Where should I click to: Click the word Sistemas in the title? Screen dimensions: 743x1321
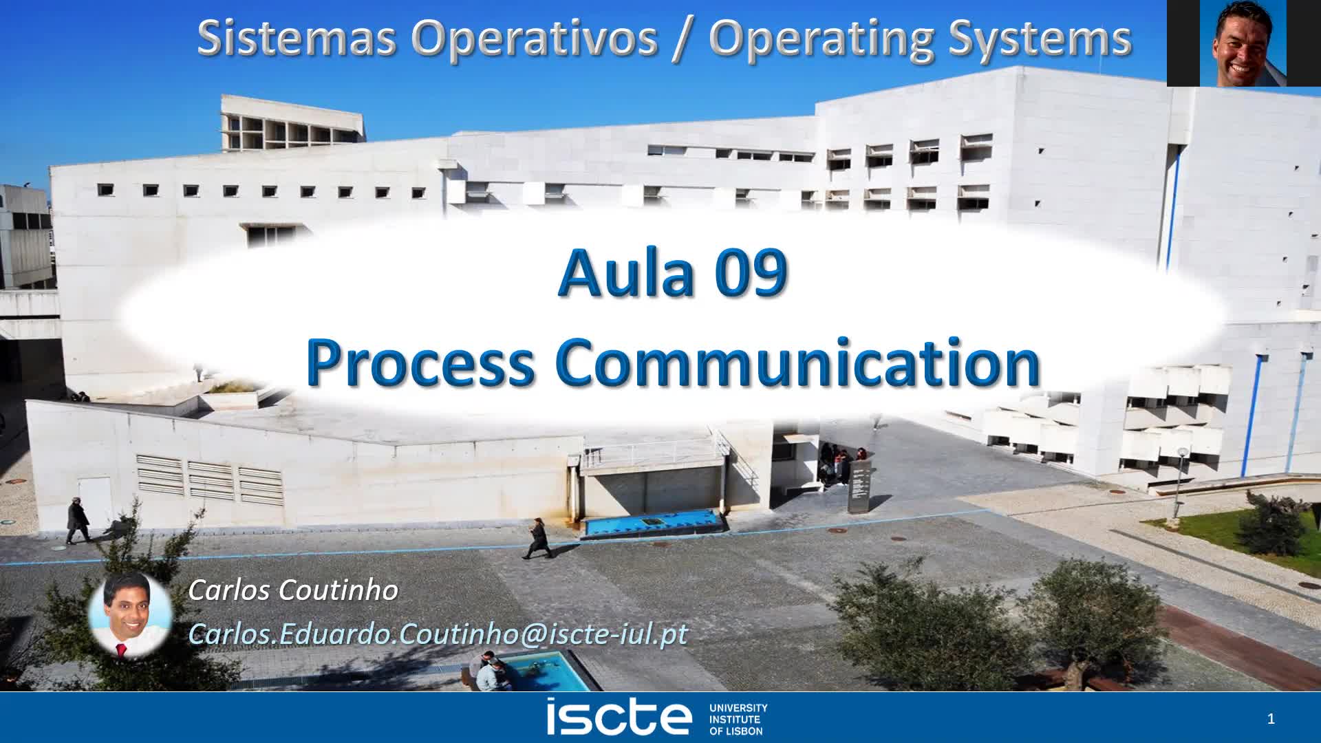click(x=296, y=38)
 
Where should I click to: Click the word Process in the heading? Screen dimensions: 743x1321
click(x=420, y=363)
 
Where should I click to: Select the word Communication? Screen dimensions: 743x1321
click(x=797, y=363)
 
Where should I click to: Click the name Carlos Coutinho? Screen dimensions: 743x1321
click(x=293, y=590)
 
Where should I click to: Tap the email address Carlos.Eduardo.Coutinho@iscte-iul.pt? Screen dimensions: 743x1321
click(x=438, y=634)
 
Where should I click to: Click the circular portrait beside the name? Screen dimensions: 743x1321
click(x=130, y=614)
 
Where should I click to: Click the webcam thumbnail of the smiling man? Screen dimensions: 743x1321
click(x=1243, y=43)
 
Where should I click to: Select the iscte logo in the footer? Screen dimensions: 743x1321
click(x=619, y=718)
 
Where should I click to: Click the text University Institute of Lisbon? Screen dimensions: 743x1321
click(x=738, y=719)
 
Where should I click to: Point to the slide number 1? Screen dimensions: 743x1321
click(x=1271, y=719)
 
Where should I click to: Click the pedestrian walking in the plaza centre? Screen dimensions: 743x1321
click(x=537, y=538)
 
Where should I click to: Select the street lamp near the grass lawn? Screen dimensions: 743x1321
click(x=1181, y=475)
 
